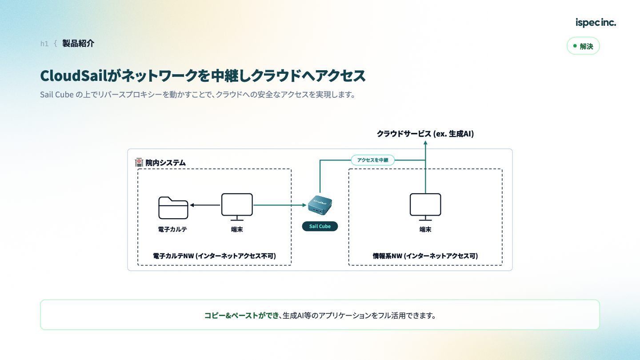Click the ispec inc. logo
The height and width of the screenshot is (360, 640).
[596, 23]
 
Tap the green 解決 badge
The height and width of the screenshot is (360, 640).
[583, 46]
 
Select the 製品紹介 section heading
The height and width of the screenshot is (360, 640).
[78, 44]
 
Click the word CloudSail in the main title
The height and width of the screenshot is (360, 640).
[73, 76]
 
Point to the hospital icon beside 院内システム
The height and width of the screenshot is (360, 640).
[139, 162]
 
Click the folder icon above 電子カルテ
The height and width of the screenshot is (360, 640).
[173, 208]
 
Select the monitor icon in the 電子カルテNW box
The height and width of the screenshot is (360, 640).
[237, 207]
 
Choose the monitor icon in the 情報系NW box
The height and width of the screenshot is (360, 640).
[425, 207]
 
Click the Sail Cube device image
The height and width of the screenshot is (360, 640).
[320, 205]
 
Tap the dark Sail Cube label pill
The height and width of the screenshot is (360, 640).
[320, 226]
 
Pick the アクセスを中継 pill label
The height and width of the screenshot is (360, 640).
[372, 160]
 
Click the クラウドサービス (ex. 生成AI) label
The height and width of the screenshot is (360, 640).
[425, 134]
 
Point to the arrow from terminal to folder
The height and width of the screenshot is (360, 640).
[205, 205]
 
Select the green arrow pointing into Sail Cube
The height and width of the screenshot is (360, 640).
[280, 205]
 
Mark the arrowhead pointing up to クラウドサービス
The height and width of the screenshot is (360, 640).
[425, 143]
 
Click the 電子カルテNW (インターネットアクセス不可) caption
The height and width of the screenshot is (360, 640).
[214, 256]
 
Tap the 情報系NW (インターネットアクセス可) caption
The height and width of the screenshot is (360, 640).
[425, 256]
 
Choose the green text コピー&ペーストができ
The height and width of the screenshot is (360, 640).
[241, 316]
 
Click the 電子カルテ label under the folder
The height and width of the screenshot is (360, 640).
[172, 229]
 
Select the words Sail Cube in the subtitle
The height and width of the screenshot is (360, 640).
[57, 95]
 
